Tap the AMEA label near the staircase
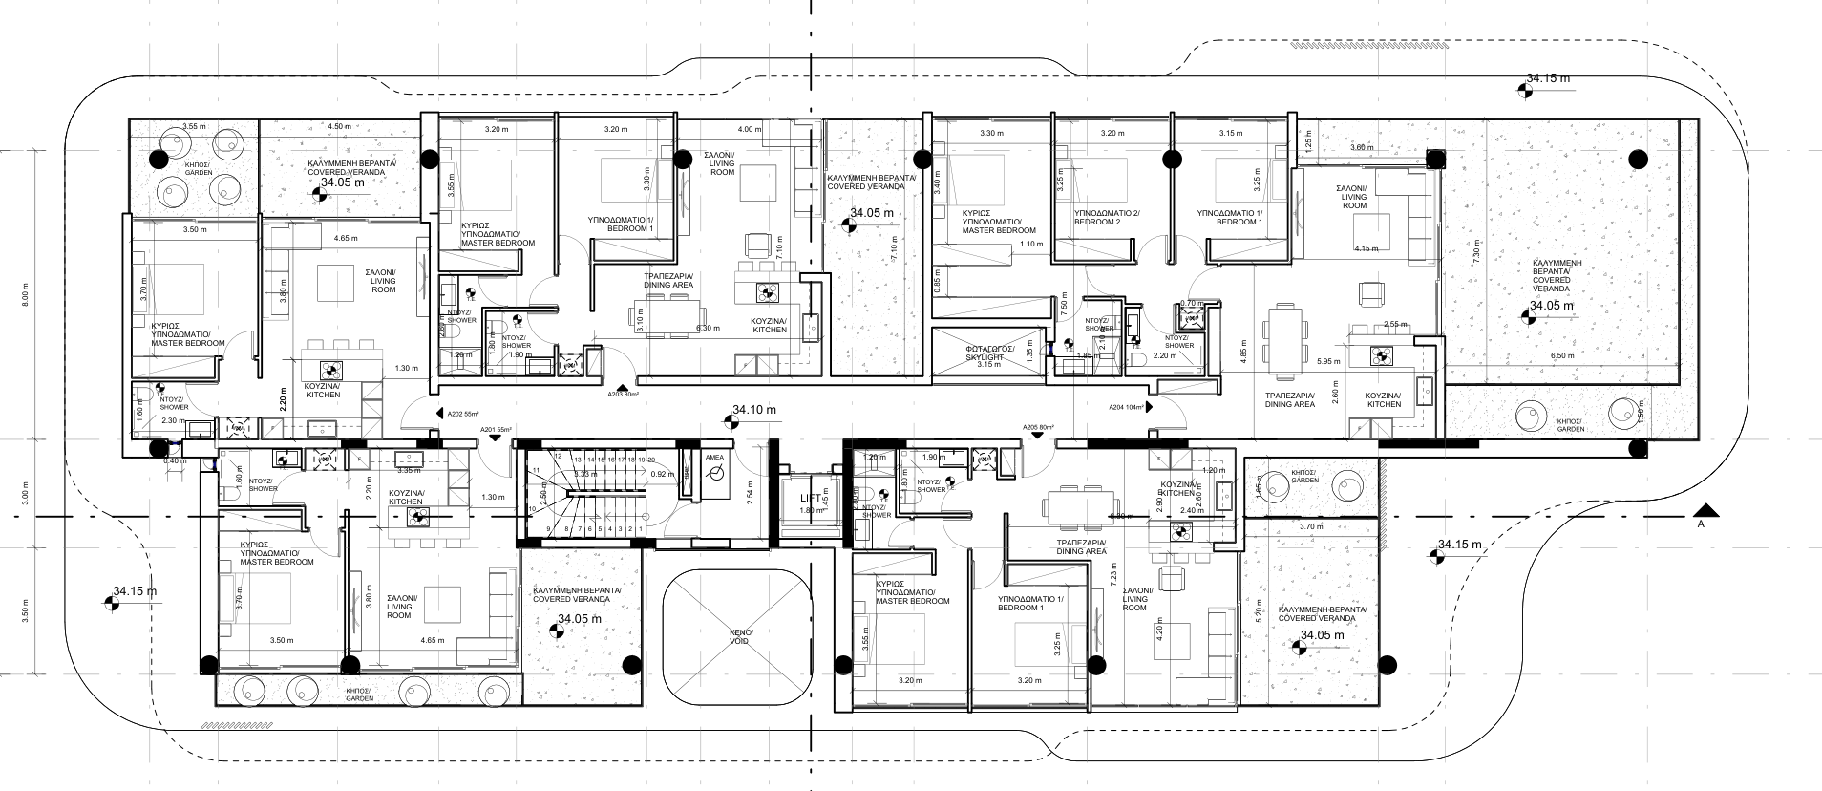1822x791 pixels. point(714,458)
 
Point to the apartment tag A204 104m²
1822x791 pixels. point(1128,406)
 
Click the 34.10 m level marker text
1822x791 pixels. point(754,410)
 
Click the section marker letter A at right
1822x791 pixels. point(1701,524)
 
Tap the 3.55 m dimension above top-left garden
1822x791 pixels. point(195,126)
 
